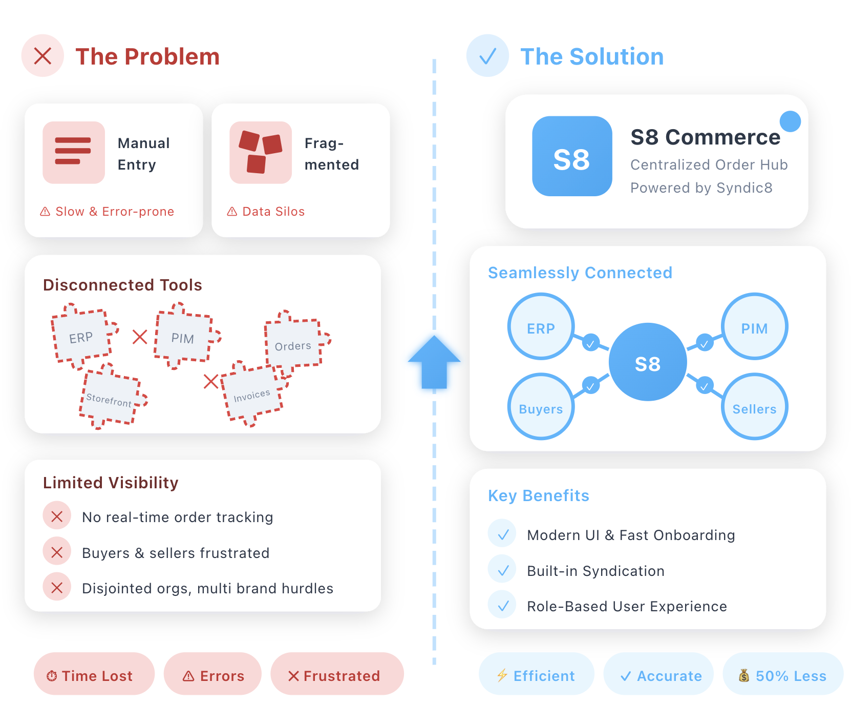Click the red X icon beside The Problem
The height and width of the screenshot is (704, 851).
pos(42,56)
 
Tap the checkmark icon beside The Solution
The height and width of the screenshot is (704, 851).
pos(487,56)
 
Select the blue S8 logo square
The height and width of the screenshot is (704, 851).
pos(572,156)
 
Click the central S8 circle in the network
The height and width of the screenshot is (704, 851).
pos(648,362)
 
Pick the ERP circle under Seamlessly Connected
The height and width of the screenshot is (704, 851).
pos(541,327)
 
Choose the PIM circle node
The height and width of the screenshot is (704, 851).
pos(754,327)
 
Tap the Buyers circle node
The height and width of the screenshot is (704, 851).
pos(541,407)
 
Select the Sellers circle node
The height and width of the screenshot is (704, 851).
pos(754,407)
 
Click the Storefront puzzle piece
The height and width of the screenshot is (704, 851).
pos(110,398)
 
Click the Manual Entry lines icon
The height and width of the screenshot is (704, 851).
pos(74,152)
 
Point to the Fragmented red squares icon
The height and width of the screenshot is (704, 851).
pos(261,152)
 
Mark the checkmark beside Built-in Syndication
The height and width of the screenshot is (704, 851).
pos(503,570)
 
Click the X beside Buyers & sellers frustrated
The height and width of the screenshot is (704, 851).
pos(57,552)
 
